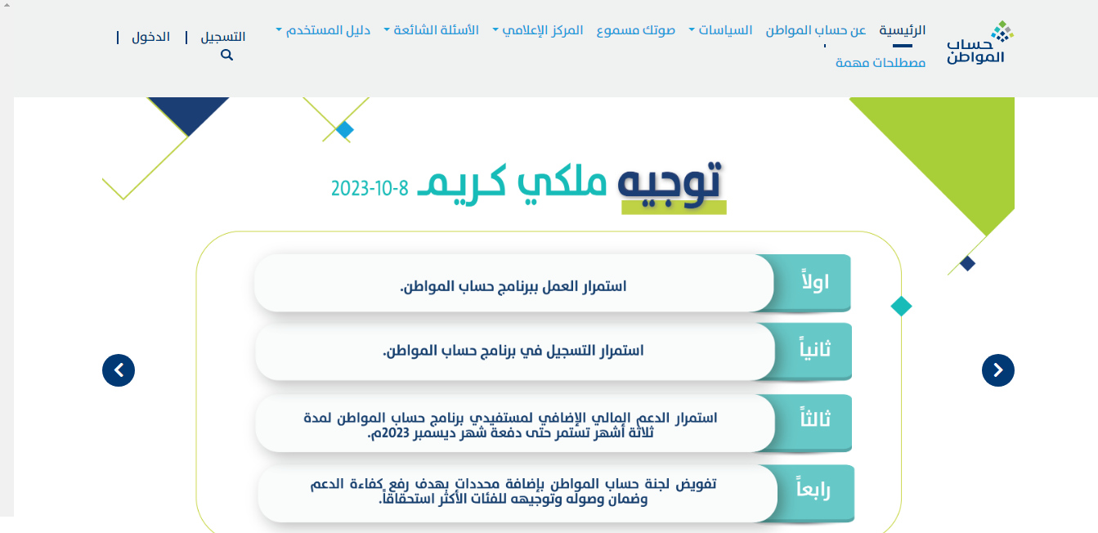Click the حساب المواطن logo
point(980,43)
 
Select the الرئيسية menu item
point(903,30)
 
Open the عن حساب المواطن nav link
point(816,30)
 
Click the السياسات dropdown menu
point(720,30)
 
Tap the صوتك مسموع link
point(636,30)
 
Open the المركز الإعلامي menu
point(538,30)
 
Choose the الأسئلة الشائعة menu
point(431,30)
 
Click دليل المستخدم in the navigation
point(323,30)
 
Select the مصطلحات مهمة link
point(881,63)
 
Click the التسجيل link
point(223,38)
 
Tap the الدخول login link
point(150,38)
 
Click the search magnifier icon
point(226,55)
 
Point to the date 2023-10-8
point(370,188)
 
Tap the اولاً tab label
point(815,281)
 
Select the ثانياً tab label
point(815,348)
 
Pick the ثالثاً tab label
point(815,419)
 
